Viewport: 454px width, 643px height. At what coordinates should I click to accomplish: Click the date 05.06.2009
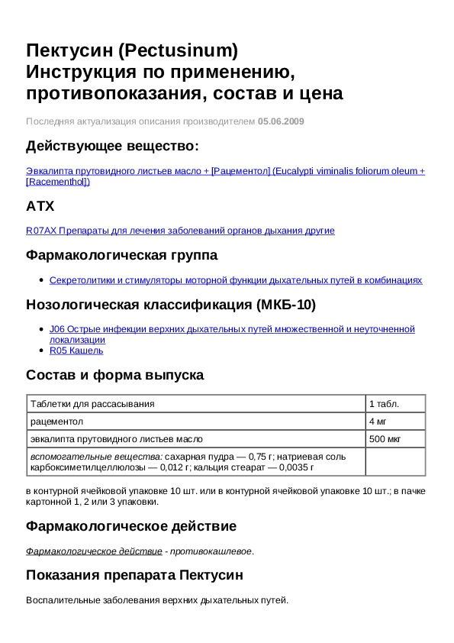click(281, 121)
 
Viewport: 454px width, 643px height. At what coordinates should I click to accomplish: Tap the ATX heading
click(40, 205)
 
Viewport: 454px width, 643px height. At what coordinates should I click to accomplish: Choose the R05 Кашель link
click(76, 351)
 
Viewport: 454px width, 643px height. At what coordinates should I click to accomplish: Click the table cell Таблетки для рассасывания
click(92, 403)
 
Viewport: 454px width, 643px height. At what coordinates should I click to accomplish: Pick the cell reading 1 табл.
click(384, 403)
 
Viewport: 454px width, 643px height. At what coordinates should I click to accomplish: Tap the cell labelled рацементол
click(56, 421)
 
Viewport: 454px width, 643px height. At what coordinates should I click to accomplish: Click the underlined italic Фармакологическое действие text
click(94, 551)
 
